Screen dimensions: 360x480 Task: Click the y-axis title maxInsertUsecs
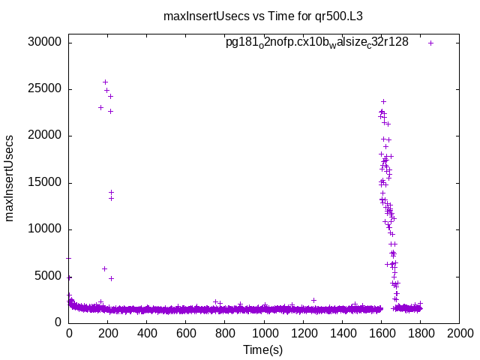pyautogui.click(x=10, y=178)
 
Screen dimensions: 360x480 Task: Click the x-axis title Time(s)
pyautogui.click(x=263, y=349)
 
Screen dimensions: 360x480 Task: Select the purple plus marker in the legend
pyautogui.click(x=430, y=43)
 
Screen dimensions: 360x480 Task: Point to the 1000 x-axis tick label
pyautogui.click(x=264, y=333)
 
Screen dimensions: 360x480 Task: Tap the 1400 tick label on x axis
pyautogui.click(x=342, y=333)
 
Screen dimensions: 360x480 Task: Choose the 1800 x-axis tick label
pyautogui.click(x=420, y=333)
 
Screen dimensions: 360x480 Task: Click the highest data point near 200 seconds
pyautogui.click(x=105, y=82)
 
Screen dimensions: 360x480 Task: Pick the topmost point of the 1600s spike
pyautogui.click(x=383, y=101)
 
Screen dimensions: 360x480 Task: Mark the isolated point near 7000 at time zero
pyautogui.click(x=69, y=258)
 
